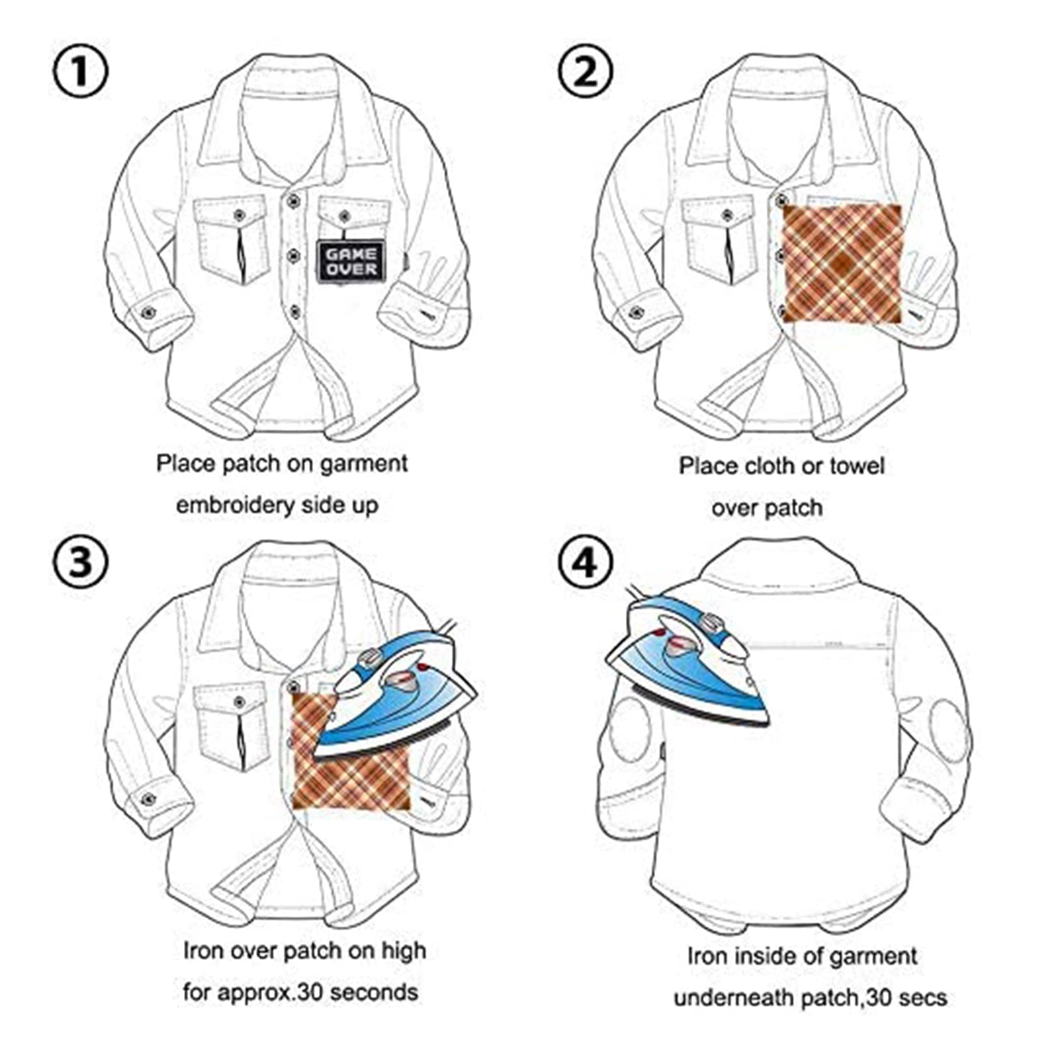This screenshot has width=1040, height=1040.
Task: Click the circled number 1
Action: [x=80, y=71]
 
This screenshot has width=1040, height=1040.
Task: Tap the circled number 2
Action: [x=586, y=71]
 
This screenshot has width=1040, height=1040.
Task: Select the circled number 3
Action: [x=80, y=560]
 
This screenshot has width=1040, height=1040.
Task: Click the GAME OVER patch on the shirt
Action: [x=351, y=261]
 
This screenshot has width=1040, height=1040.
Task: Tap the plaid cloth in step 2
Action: [x=843, y=263]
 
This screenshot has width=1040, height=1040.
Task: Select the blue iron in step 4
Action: [x=686, y=663]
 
